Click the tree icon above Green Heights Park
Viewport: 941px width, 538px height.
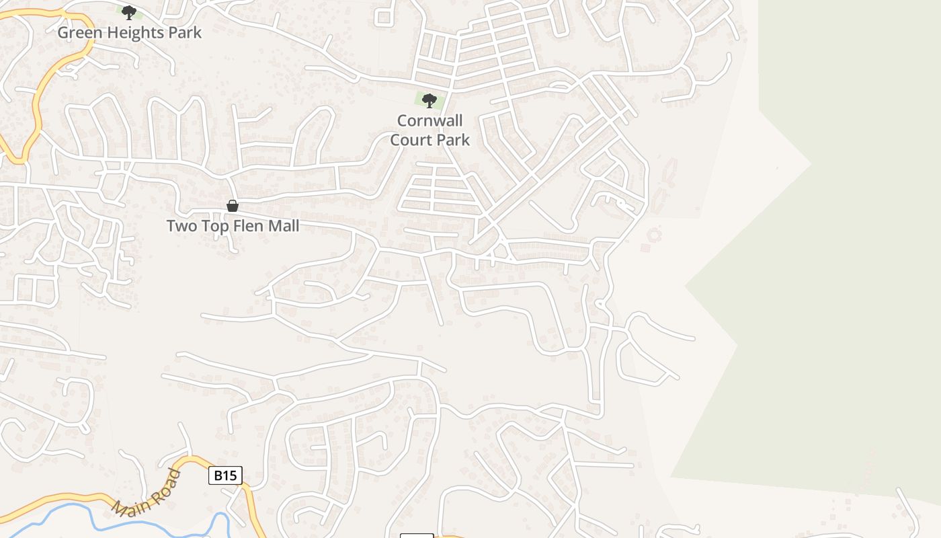(128, 12)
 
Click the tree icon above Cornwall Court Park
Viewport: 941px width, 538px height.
(429, 101)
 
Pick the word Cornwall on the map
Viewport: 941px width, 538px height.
(430, 121)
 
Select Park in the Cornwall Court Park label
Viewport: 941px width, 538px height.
(452, 140)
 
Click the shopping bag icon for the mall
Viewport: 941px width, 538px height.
(233, 206)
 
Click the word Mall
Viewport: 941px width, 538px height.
(283, 226)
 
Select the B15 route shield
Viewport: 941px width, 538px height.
(225, 475)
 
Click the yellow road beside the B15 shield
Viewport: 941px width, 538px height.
(250, 504)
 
